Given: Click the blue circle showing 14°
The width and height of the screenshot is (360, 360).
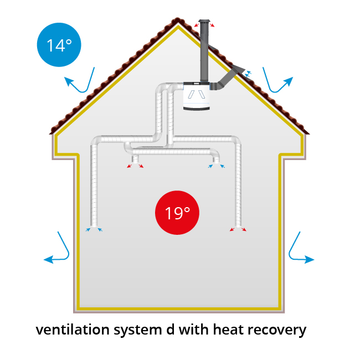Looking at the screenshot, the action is tap(59, 45).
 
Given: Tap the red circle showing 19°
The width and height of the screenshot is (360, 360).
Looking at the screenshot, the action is tap(177, 213).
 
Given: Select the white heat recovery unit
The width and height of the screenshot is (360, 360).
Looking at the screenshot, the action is tap(197, 96).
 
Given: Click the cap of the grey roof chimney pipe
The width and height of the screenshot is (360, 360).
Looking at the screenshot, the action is tap(204, 22).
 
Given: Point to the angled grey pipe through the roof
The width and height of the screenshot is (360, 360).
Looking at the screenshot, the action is tap(227, 78).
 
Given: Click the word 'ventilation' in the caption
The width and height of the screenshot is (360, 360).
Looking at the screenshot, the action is tap(73, 330).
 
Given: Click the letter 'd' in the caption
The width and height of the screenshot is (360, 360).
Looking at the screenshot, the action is tap(171, 330).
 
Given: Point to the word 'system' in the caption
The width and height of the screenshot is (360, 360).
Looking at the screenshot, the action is tap(137, 331).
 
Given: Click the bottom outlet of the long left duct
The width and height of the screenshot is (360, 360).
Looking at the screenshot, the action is tap(94, 226).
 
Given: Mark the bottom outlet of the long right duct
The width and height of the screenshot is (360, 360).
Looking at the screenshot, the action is tap(238, 226).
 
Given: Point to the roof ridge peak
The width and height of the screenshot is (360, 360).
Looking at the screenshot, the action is tap(177, 18).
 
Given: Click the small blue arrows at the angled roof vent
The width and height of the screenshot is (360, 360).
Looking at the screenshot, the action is tap(248, 74).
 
